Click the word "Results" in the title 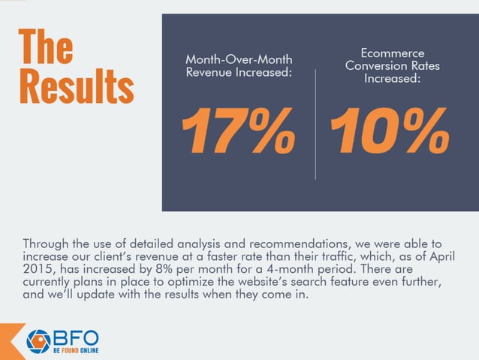pos(76,86)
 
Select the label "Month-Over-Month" pos(239,59)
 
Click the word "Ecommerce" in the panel pos(392,53)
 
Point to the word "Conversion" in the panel pos(372,65)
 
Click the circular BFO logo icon pos(38,340)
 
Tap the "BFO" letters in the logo pos(74,337)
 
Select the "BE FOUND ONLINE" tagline pos(74,351)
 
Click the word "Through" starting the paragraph pos(47,244)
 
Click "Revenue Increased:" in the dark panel pos(239,74)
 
